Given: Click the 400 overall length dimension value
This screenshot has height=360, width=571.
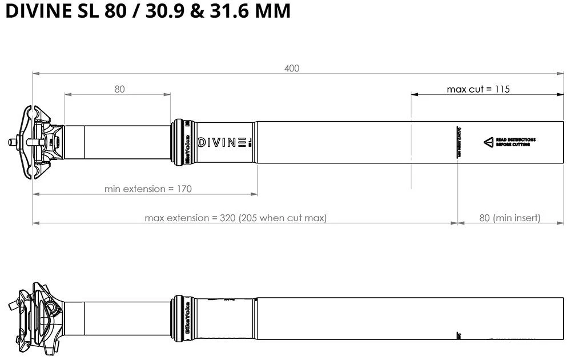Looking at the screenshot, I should [x=292, y=68].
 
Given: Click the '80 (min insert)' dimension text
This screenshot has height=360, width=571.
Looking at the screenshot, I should [x=509, y=218].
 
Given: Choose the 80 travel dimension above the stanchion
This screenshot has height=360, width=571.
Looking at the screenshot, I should [x=119, y=89].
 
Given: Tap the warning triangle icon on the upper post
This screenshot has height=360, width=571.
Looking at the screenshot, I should [x=488, y=142].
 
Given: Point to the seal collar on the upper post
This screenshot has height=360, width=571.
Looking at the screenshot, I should [x=182, y=141].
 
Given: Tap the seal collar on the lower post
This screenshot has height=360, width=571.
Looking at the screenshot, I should [x=182, y=317].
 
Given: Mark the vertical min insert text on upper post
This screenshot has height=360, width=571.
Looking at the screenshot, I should [x=458, y=141].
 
